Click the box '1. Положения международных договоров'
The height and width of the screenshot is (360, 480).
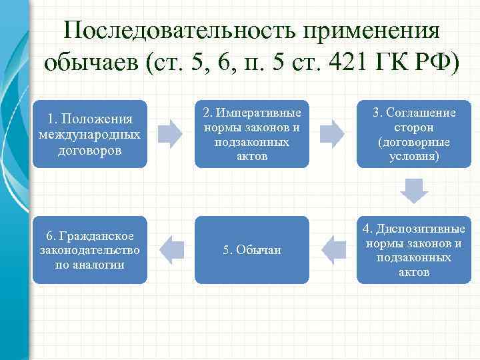89,134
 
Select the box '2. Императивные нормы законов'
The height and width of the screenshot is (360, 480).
252,134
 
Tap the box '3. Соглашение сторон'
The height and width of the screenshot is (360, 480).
413,134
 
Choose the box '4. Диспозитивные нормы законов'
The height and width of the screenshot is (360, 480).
413,250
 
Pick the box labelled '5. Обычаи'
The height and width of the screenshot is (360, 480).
252,250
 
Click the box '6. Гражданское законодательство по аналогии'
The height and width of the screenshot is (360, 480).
89,250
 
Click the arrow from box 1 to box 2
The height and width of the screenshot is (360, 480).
171,134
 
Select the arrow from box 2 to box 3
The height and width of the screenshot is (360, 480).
333,134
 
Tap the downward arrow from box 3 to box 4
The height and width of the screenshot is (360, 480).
413,191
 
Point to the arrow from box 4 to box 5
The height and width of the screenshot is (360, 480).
333,250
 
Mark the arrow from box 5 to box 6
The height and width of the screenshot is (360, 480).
171,250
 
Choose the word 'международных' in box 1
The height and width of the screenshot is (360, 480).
89,135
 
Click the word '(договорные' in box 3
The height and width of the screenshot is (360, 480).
413,142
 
